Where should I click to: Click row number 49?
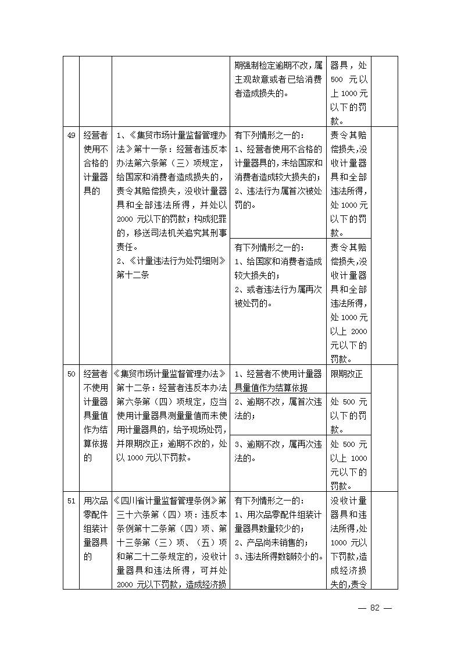71,135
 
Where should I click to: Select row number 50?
71,374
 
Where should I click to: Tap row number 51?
71,501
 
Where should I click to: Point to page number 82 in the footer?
374,608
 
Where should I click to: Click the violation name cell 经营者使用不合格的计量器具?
95,163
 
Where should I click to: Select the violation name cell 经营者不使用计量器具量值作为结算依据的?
95,416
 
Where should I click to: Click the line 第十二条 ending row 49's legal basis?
133,275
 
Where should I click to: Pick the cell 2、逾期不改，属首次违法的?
278,408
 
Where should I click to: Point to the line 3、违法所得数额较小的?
279,556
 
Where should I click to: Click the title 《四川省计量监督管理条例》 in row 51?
170,501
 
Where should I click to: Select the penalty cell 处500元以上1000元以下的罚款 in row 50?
348,464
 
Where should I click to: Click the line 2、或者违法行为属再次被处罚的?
278,296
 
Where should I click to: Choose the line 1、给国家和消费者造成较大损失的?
278,268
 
